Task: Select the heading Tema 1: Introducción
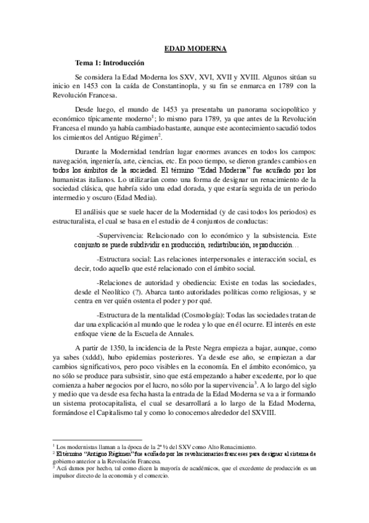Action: [110, 62]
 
